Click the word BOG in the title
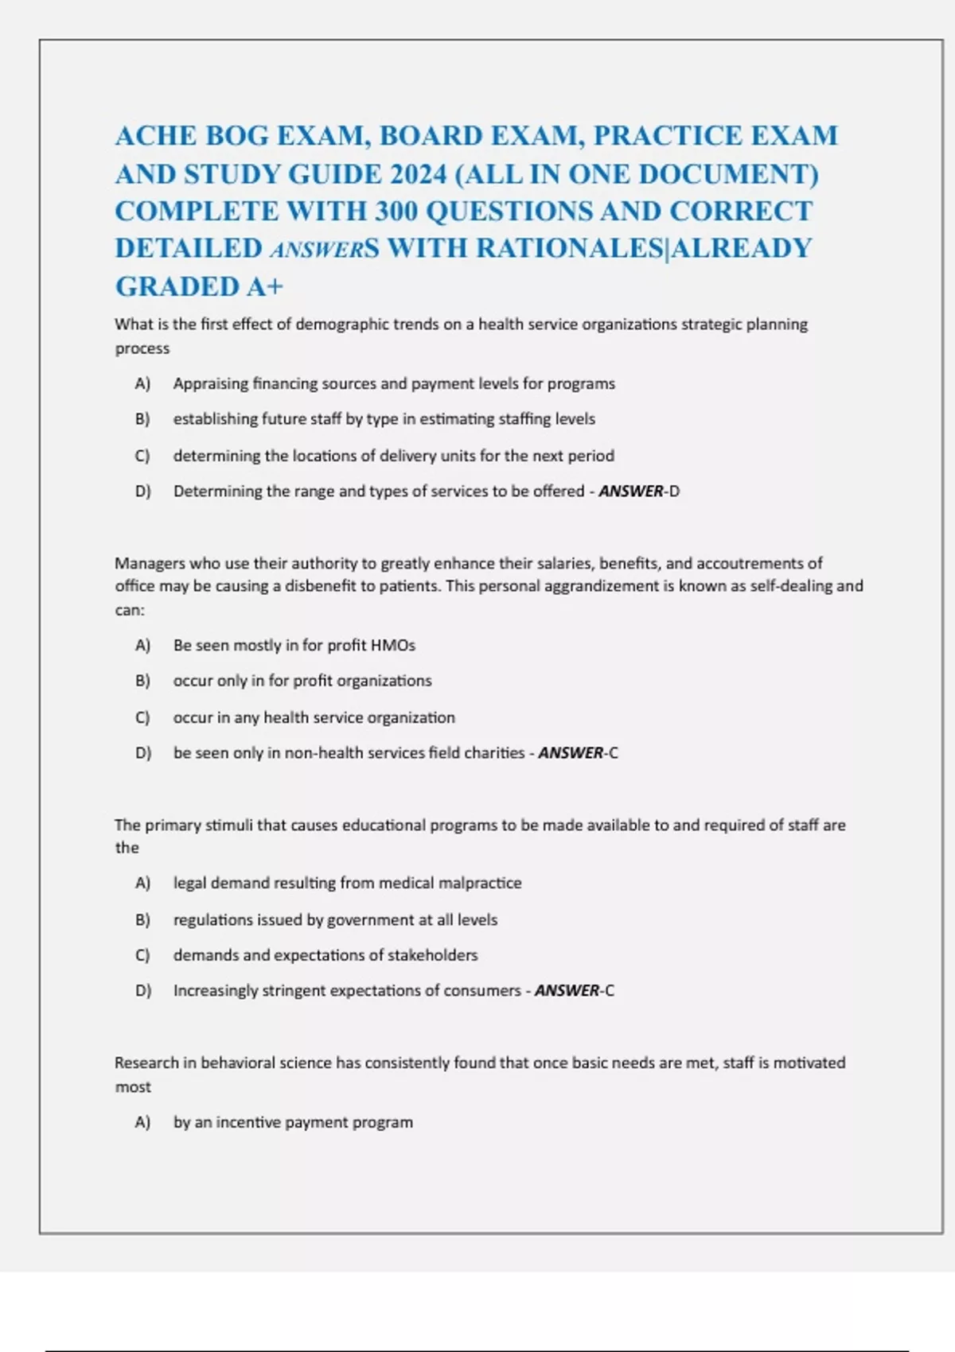[x=237, y=136]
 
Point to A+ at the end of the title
[x=264, y=286]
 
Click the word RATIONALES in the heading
[x=569, y=248]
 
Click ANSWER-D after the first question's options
[x=639, y=491]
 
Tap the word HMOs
[x=393, y=646]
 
